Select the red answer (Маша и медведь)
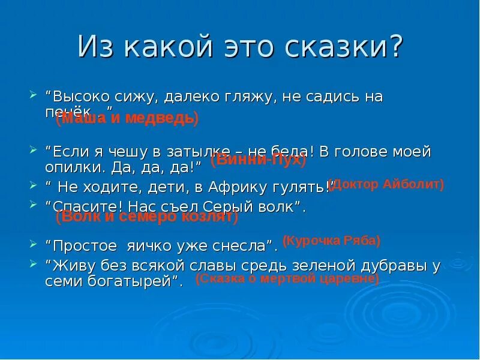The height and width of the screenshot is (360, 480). coord(127,118)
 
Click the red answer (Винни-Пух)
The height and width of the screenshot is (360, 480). coord(259,160)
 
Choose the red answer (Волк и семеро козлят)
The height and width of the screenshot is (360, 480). coord(147,217)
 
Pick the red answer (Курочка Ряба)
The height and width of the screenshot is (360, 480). coord(331,241)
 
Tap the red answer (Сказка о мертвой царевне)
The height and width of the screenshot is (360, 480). coord(287,279)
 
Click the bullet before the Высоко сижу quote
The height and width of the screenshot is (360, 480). coord(33,95)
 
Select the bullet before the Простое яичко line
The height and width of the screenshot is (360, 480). coord(33,244)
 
